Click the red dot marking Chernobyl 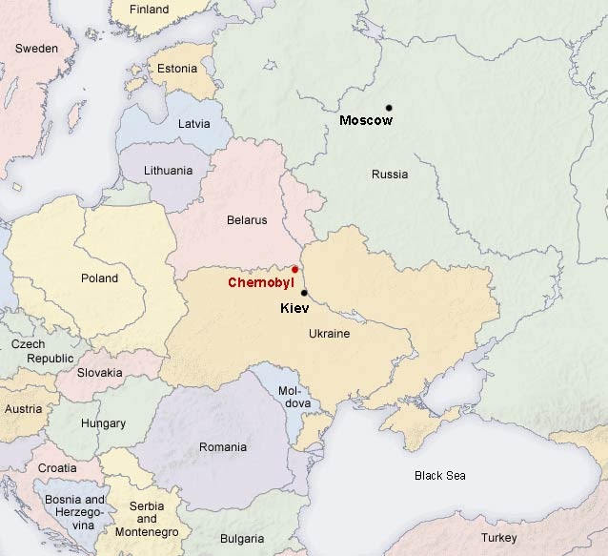coord(294,269)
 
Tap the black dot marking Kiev coord(304,293)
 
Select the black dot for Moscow coord(389,107)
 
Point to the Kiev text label coord(294,310)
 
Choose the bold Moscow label coord(366,121)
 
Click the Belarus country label coord(247,220)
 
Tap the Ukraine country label coord(329,335)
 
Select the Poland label coord(100,278)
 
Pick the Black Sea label coord(439,475)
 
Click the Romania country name coord(222,446)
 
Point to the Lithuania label coord(168,171)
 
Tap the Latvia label coord(194,124)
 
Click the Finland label coord(149,10)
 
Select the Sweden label coord(37,48)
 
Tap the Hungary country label coord(103,423)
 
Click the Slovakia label coord(99,373)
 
